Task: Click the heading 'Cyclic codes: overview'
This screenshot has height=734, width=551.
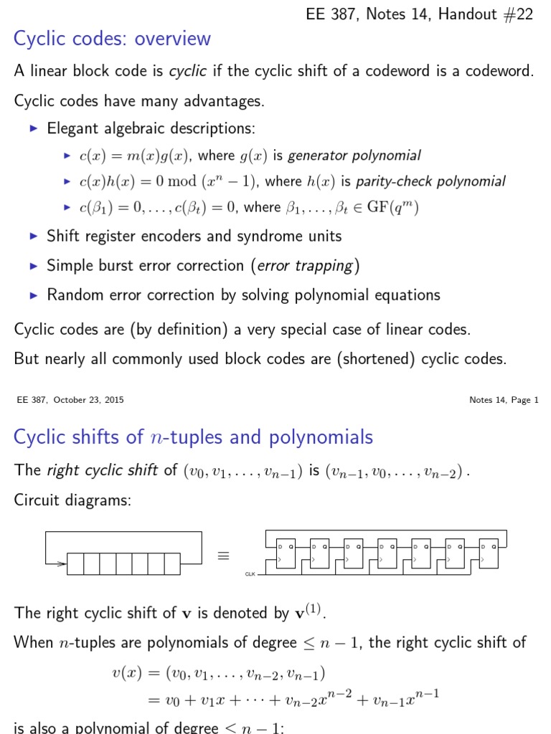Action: tap(113, 39)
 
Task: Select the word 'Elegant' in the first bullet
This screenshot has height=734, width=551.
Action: tap(72, 129)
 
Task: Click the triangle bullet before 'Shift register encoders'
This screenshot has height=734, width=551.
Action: tap(33, 236)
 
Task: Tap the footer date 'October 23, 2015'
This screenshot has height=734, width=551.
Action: tap(85, 400)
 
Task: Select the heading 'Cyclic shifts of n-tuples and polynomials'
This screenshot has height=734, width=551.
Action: tap(194, 437)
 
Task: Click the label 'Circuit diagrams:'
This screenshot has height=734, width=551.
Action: tap(72, 500)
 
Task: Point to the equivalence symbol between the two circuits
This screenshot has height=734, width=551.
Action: tap(223, 556)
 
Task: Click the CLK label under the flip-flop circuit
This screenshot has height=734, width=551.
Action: tap(250, 574)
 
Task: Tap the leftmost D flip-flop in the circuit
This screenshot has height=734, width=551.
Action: tap(286, 553)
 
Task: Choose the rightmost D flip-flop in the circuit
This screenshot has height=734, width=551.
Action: tap(490, 553)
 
